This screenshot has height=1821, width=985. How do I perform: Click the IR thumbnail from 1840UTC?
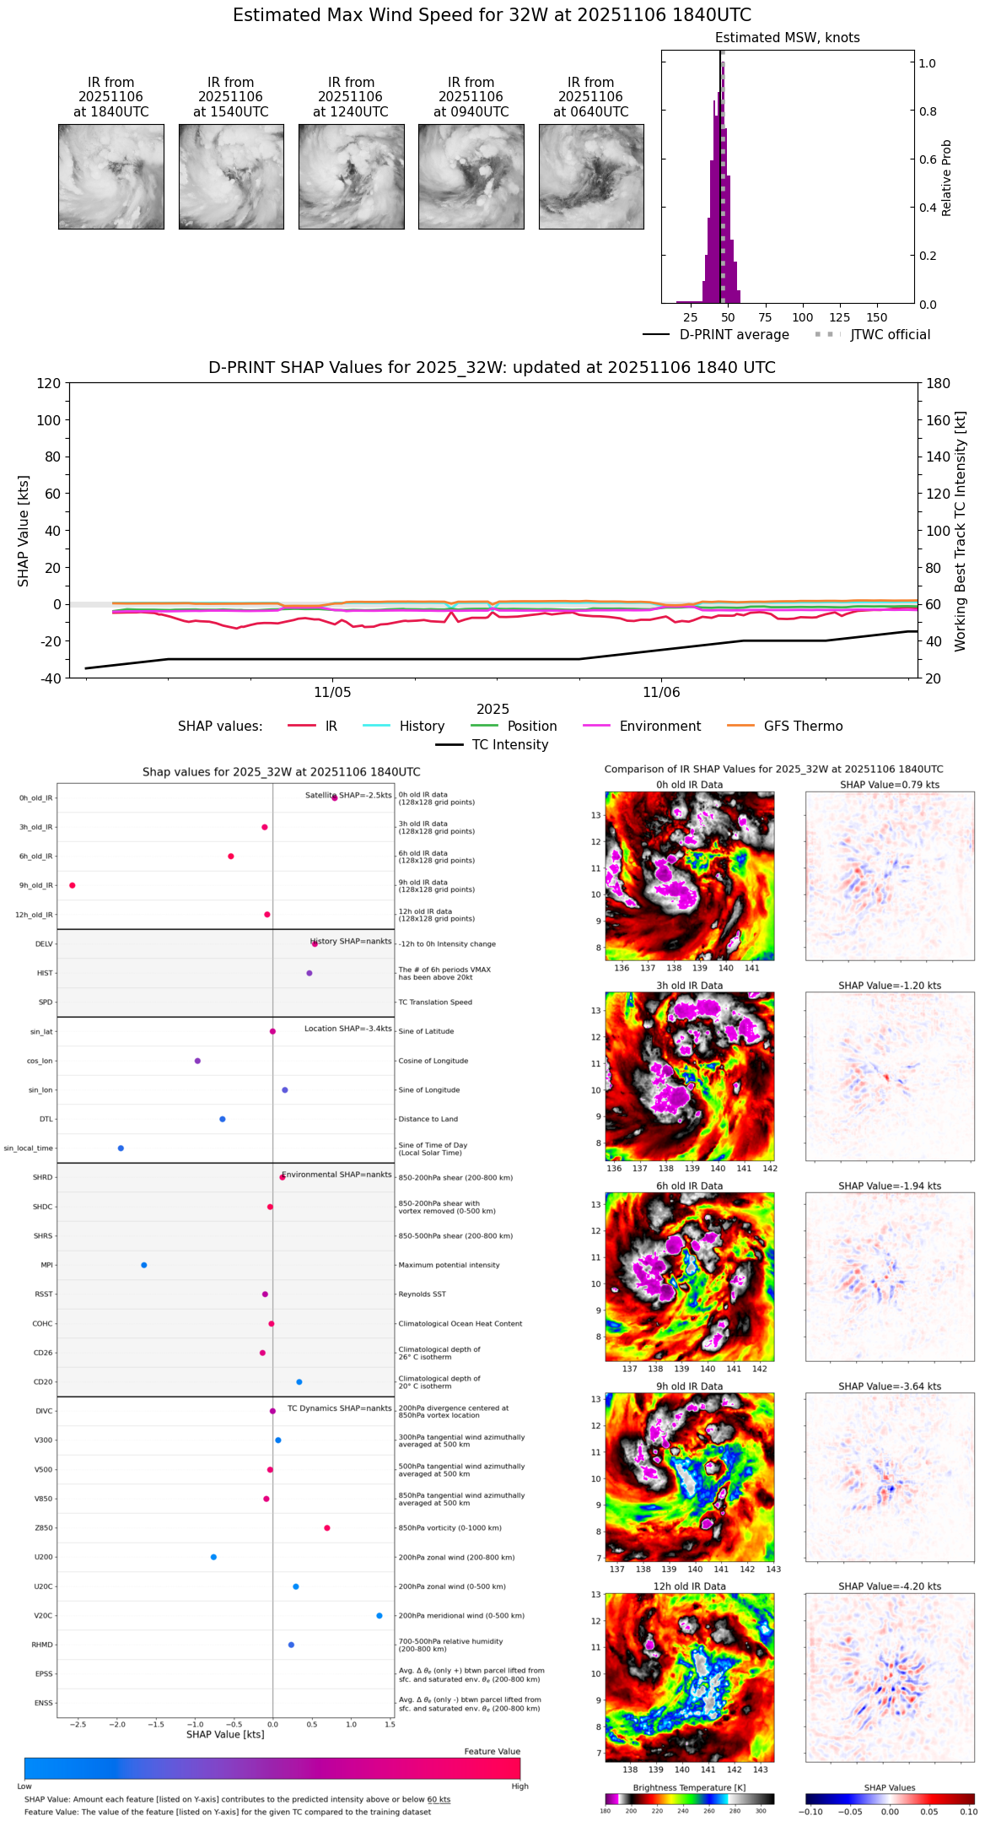coord(110,176)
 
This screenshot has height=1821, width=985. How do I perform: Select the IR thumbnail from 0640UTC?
coord(591,176)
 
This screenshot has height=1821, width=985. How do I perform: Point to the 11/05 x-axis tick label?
coord(332,693)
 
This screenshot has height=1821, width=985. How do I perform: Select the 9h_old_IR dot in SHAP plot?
coord(73,885)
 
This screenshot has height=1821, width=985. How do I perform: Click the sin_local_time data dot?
coord(121,1148)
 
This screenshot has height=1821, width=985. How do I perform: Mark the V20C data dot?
coord(379,1615)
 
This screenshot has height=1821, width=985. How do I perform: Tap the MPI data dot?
coord(144,1265)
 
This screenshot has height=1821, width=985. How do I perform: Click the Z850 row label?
coord(43,1528)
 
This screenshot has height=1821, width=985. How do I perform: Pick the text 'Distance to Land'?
coord(428,1119)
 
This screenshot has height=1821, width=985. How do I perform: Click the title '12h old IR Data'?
coord(689,1586)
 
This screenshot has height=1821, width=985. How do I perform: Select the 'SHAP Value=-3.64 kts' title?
coord(890,1386)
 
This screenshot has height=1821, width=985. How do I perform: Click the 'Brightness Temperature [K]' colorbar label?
coord(689,1787)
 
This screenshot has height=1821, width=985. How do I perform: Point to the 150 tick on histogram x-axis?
coord(877,318)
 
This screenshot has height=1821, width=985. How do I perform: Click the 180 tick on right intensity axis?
coord(939,383)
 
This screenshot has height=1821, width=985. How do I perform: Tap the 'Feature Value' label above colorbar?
coord(492,1752)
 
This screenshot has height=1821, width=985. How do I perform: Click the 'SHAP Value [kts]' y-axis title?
coord(24,531)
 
